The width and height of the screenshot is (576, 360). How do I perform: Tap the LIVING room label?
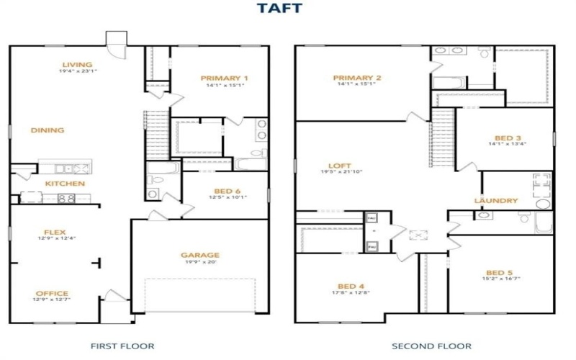click(77, 64)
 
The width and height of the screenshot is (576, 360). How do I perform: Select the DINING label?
click(48, 130)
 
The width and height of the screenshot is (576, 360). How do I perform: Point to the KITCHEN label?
click(65, 184)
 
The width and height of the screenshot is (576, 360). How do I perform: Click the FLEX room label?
click(55, 232)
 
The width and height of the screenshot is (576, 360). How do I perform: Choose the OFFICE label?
click(52, 293)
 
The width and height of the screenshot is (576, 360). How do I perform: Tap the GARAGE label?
click(200, 255)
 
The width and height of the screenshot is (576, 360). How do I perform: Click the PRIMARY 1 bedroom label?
click(225, 78)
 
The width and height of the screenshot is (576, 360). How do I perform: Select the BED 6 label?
click(228, 191)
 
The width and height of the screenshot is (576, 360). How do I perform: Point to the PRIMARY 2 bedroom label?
click(357, 78)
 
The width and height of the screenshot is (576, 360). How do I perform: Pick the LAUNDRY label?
click(496, 201)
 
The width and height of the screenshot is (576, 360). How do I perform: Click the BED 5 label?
click(499, 273)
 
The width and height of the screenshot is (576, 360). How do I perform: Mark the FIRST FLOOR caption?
click(122, 346)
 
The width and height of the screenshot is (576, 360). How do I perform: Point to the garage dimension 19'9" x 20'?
click(200, 262)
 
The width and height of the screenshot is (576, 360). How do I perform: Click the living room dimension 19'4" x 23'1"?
click(77, 71)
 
